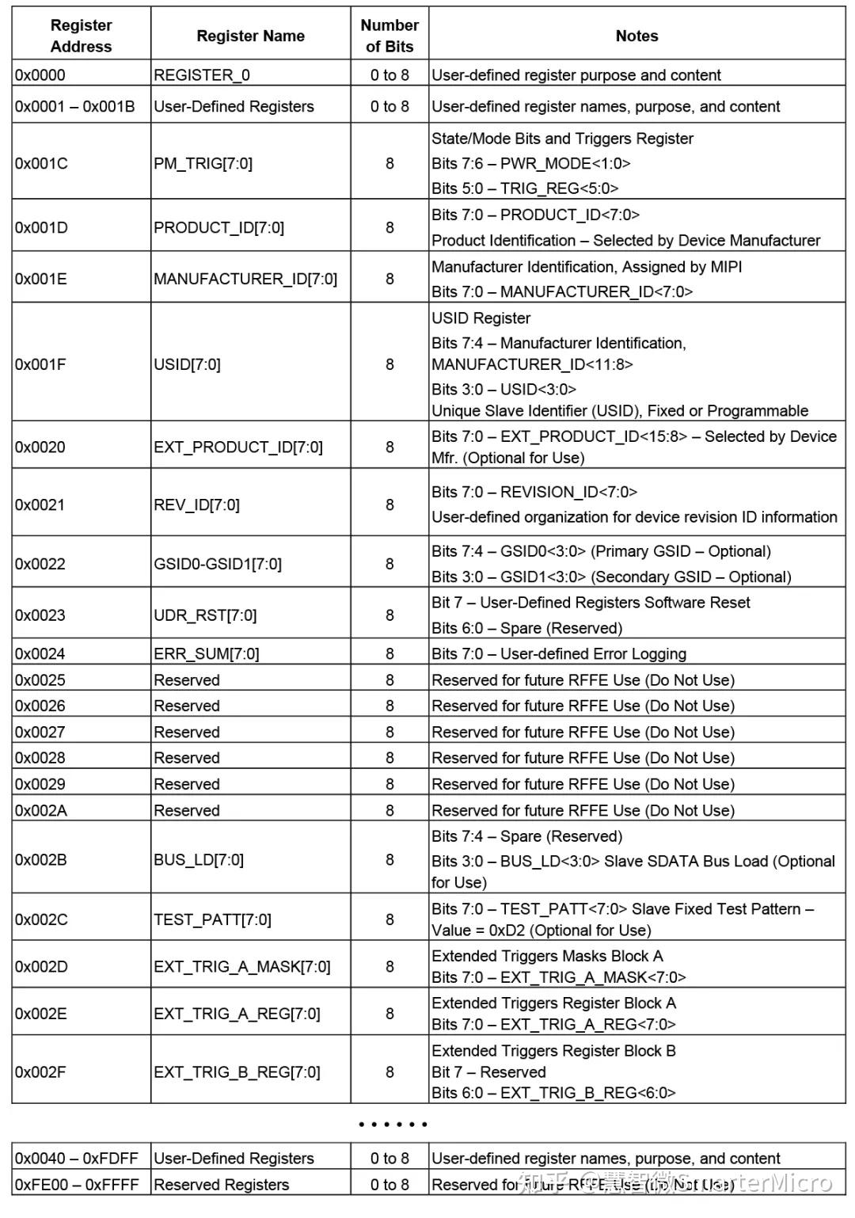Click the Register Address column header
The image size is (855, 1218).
point(81,36)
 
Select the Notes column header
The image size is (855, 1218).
point(636,36)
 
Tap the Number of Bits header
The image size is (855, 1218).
point(389,36)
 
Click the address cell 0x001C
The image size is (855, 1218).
point(41,163)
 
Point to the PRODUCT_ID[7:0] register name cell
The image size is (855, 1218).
point(219,227)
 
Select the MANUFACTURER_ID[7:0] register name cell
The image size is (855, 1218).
point(245,279)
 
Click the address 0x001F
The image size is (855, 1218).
point(40,364)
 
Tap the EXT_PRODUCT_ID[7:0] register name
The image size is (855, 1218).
point(238,447)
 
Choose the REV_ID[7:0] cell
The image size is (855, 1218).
point(196,504)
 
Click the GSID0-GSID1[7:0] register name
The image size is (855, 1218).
point(218,564)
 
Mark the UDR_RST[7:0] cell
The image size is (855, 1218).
point(205,615)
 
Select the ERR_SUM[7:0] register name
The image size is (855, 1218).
point(207,653)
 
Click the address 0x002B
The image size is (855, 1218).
point(41,859)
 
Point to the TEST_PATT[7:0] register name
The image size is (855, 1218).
point(212,919)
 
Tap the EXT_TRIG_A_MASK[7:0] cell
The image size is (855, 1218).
point(242,966)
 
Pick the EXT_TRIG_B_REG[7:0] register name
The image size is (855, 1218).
point(237,1072)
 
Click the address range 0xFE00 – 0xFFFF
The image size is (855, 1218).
point(77,1185)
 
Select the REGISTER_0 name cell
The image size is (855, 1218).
point(202,75)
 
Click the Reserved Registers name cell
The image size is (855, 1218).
point(222,1185)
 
